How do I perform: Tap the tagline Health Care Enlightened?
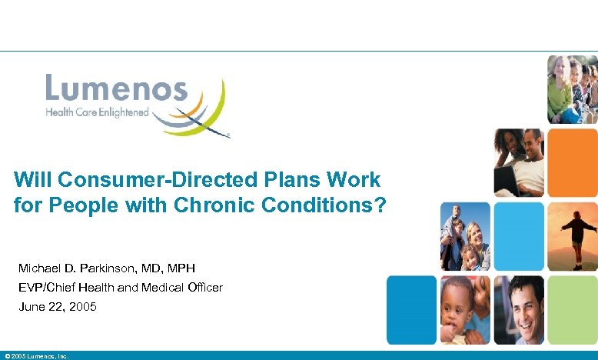point(98,112)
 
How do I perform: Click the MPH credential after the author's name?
point(181,268)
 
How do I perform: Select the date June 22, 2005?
point(58,306)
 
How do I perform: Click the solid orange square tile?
point(572,153)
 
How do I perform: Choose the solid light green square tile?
point(572,309)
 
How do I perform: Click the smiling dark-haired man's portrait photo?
point(519,309)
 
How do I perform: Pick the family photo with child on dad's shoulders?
point(464,235)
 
